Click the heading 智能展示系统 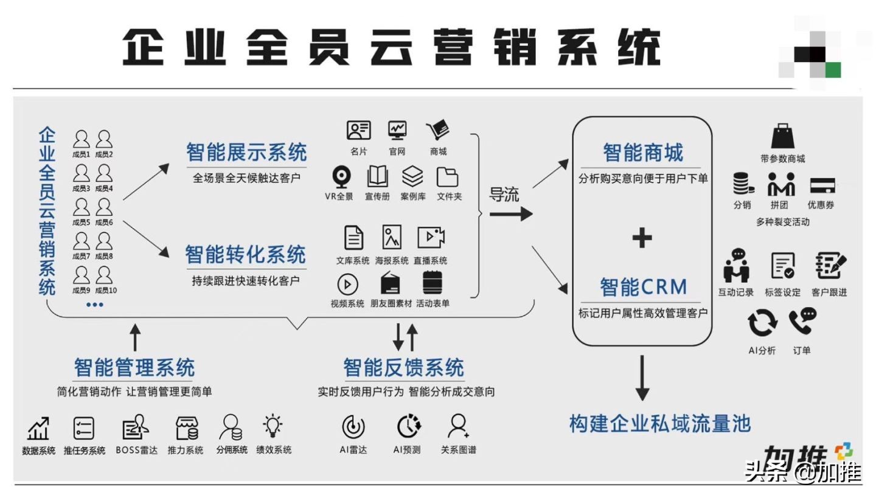click(x=246, y=151)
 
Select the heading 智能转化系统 click(x=245, y=254)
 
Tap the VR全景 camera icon click(x=341, y=177)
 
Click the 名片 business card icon click(x=359, y=130)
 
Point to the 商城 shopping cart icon click(x=437, y=130)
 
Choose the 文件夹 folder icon click(x=448, y=177)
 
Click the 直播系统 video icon click(x=431, y=237)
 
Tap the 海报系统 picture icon click(x=392, y=237)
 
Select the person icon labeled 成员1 click(x=81, y=139)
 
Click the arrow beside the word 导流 click(x=511, y=213)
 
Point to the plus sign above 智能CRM click(x=642, y=237)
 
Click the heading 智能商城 click(x=642, y=152)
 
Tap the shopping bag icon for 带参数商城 click(x=782, y=137)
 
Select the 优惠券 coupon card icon click(x=822, y=185)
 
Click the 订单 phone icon click(x=802, y=322)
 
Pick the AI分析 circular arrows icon click(x=762, y=323)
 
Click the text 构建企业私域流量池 click(x=660, y=423)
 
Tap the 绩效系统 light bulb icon click(x=273, y=426)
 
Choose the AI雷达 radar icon click(x=353, y=427)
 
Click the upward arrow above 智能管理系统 click(x=135, y=337)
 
